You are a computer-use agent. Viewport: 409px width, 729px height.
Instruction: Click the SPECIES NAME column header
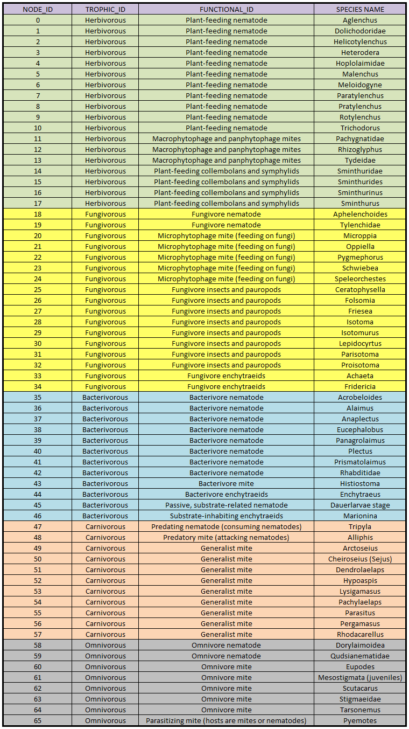(x=360, y=9)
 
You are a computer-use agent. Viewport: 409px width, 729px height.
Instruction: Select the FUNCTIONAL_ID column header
(x=226, y=9)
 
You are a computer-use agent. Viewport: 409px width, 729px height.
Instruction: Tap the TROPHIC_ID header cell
(x=105, y=9)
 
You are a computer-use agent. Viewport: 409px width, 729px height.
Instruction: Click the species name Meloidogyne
(x=360, y=85)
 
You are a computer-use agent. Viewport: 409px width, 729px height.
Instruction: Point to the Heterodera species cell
(x=360, y=52)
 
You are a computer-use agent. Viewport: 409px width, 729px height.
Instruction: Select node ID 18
(x=38, y=214)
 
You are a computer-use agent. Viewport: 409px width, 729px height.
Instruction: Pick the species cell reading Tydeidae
(x=360, y=160)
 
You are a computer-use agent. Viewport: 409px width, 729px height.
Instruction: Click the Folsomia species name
(x=360, y=300)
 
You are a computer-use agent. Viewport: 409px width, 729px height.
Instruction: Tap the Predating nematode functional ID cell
(x=226, y=526)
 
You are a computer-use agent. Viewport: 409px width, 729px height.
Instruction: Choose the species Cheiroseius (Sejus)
(x=360, y=559)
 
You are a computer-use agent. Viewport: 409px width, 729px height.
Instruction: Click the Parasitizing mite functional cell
(x=226, y=720)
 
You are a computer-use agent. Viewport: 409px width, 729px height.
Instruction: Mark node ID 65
(x=38, y=720)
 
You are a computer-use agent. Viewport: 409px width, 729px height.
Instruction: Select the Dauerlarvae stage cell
(x=360, y=505)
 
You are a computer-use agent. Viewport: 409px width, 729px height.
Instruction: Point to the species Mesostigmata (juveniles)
(x=360, y=677)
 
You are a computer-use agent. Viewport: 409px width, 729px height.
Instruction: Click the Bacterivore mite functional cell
(x=226, y=483)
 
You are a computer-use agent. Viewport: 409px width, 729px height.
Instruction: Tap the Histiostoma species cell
(x=360, y=483)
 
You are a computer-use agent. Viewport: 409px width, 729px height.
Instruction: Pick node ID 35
(x=38, y=397)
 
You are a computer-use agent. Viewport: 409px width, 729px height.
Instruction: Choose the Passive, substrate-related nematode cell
(x=226, y=505)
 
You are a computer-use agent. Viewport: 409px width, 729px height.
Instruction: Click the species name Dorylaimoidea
(x=360, y=645)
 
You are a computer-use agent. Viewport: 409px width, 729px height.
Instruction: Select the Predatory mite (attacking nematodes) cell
(x=226, y=537)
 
